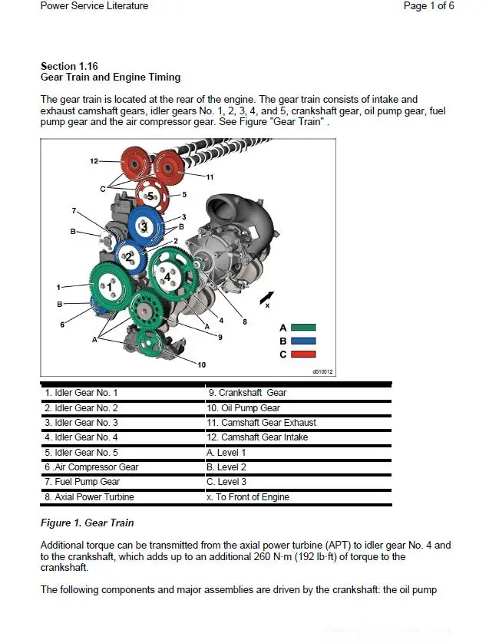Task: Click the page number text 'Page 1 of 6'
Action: pos(428,6)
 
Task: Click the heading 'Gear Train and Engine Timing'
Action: pos(110,77)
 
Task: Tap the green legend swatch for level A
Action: pos(302,328)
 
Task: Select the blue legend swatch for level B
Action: pos(302,341)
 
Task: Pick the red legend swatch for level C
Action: pos(302,354)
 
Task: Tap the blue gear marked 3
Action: pos(143,226)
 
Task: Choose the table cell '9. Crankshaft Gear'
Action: pos(246,393)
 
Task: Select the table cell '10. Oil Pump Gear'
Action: pos(243,408)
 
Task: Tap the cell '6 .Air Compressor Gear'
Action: pos(91,467)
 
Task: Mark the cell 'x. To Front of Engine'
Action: pos(248,497)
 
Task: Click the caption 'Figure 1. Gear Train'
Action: pos(87,523)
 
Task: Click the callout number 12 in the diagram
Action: pos(94,161)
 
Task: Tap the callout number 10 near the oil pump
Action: pos(201,364)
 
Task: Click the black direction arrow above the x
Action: pos(266,295)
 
